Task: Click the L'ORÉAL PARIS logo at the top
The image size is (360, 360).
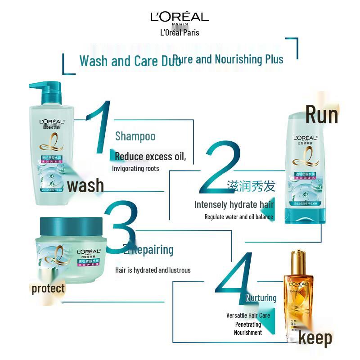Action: coord(180,18)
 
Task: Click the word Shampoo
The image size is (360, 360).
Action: coord(135,136)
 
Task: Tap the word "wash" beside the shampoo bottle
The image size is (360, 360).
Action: coord(85,185)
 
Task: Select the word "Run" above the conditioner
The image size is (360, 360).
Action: coord(321,114)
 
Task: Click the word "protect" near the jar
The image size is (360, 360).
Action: coord(48,288)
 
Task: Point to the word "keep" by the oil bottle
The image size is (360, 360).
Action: coord(315,338)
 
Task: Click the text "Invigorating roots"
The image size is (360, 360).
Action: coord(135,169)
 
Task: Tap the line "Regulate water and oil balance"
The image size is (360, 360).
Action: coord(238,217)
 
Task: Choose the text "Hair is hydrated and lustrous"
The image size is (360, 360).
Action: coord(153,270)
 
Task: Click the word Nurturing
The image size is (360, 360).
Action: coord(261,298)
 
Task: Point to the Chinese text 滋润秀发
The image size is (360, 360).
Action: coord(251,186)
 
